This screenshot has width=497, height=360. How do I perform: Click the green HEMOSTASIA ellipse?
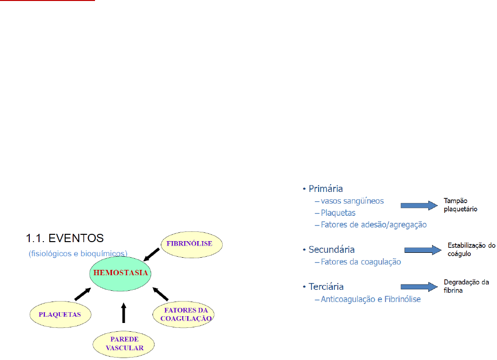119,273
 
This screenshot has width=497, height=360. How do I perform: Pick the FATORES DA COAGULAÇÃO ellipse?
184,314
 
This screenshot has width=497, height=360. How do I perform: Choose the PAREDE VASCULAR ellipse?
124,344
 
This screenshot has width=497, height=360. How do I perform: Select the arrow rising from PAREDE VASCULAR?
123,313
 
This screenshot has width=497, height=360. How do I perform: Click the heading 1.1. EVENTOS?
64,238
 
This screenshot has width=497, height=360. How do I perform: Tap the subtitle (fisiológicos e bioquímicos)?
78,253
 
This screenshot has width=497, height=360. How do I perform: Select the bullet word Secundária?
331,249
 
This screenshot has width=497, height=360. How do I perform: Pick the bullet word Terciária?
329,287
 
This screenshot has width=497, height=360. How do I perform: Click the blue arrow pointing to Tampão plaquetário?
419,206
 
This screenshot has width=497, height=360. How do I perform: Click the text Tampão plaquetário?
460,205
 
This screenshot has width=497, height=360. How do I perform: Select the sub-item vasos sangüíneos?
352,201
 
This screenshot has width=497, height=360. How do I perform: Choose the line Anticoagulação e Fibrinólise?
370,299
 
